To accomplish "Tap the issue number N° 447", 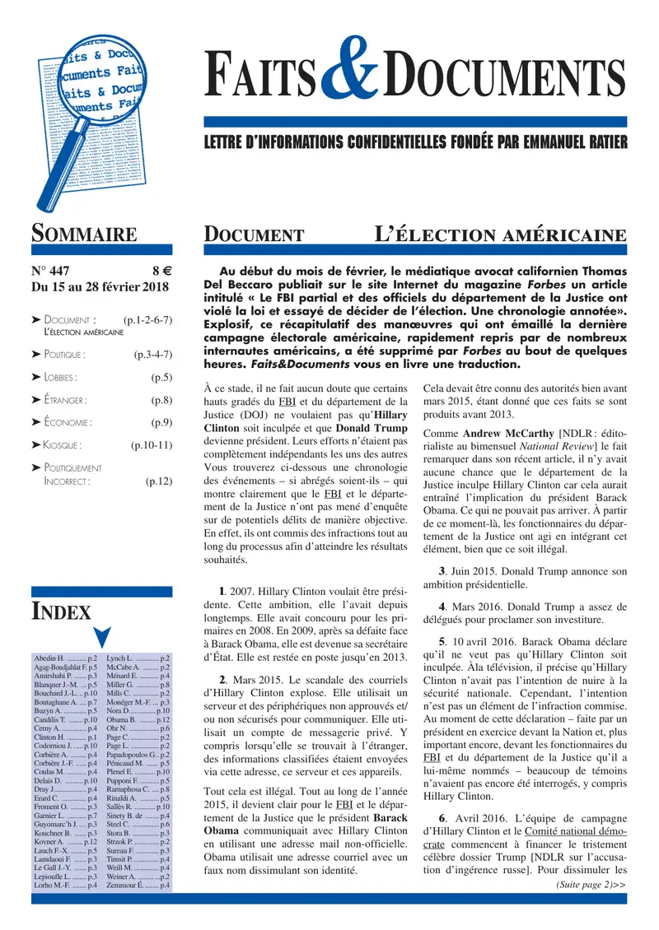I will click(50, 270).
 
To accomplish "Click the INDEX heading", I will click(61, 611).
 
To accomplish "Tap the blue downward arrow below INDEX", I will click(101, 638).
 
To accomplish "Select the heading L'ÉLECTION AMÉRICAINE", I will click(500, 235).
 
